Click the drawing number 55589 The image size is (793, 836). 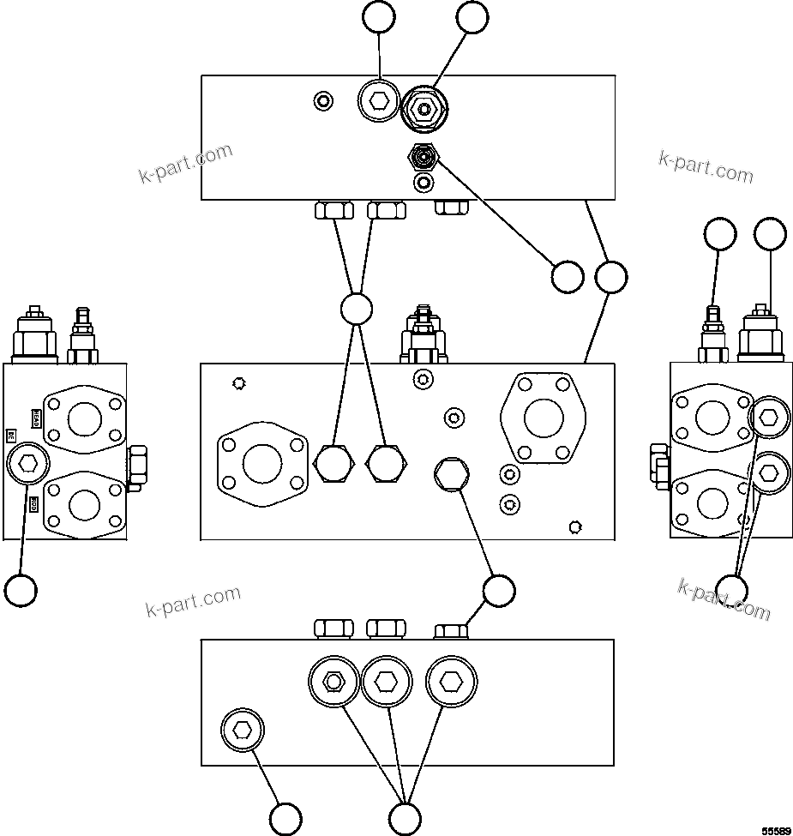coord(776,829)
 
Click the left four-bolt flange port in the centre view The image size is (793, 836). coord(261,464)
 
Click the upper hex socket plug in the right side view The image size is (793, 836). coord(768,418)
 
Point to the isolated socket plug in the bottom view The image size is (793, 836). coord(243,731)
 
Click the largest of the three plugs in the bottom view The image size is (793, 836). coord(450,682)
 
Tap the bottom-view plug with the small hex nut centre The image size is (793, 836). coord(333,682)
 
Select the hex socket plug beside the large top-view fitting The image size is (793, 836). coord(378,103)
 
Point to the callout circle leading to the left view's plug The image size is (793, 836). coord(21,590)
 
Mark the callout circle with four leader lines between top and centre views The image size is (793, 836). coord(356,309)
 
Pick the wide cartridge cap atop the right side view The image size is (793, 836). coord(760,336)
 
